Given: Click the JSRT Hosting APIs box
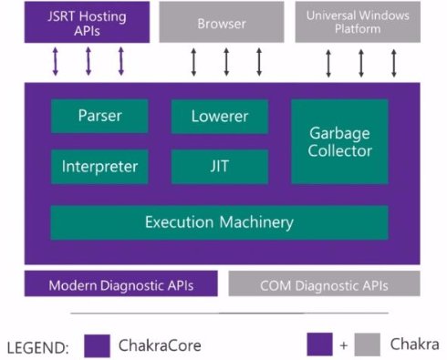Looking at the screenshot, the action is [x=87, y=22].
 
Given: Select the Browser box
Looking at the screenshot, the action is [x=222, y=22].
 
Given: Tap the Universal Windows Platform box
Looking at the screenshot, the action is [x=358, y=22].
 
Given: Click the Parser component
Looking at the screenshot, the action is [x=99, y=116].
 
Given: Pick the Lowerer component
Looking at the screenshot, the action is [x=220, y=117].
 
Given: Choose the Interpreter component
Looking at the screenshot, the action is [x=99, y=167].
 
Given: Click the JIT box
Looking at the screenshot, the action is [x=220, y=167].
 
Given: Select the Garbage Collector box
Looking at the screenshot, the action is [x=339, y=141].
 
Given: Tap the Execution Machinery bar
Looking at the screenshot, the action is [x=219, y=222].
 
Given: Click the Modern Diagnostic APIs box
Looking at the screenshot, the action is [x=121, y=283].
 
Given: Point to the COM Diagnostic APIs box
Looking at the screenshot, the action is [x=324, y=283].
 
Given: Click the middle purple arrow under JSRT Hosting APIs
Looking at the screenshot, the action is [x=88, y=61].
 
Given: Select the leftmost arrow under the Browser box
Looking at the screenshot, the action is [x=193, y=62].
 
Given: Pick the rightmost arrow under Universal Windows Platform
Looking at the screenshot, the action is [x=394, y=63].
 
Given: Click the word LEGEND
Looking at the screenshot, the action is [x=37, y=348].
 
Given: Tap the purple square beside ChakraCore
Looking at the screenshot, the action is [x=97, y=345].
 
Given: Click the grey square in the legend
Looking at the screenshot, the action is [x=368, y=345].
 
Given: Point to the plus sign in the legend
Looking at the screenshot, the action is [x=344, y=345].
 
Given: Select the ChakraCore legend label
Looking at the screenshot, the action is [x=160, y=345].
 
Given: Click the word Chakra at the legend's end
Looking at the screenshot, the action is [x=415, y=345].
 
